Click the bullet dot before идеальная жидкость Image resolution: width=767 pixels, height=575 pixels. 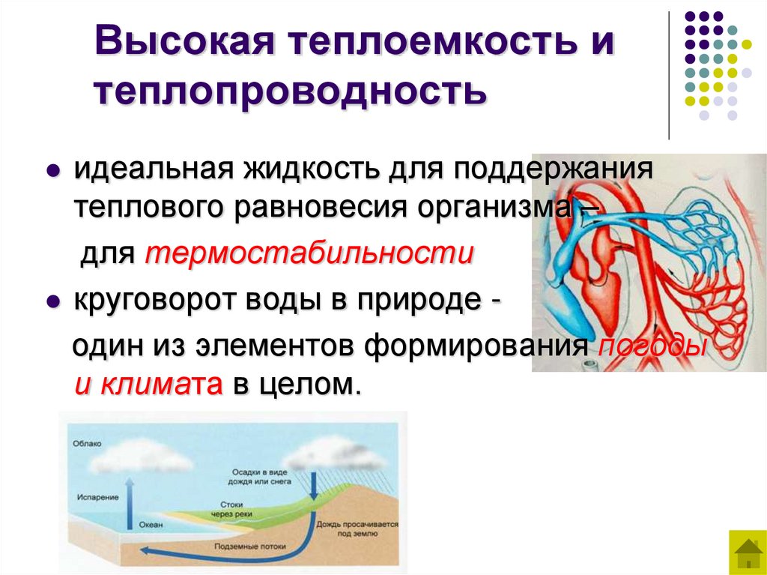point(53,171)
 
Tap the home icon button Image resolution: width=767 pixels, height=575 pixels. point(747,553)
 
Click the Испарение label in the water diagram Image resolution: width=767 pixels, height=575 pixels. point(97,497)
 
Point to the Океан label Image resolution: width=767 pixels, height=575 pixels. point(151,525)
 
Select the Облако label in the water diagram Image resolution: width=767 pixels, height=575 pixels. point(88,444)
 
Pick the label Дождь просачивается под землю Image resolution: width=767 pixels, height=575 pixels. point(357,530)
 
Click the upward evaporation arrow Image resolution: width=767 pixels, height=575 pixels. point(130,502)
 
